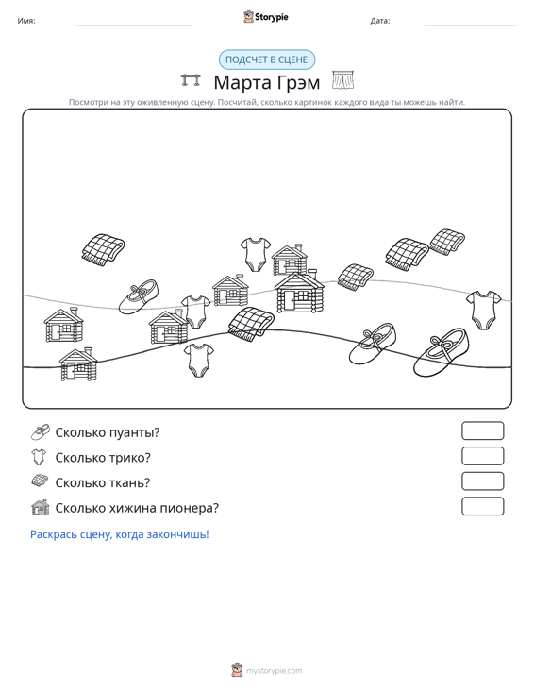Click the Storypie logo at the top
pos(266,17)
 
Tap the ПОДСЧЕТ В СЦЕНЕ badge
pos(267,59)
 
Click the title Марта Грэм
pos(267,82)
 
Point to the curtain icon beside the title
pos(342,80)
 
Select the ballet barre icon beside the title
pos(191,80)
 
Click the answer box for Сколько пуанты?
pos(482,430)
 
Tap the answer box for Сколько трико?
pos(482,456)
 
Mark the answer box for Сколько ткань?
pos(482,481)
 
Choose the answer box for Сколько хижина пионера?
pos(482,506)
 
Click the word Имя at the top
pos(26,21)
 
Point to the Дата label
pos(380,21)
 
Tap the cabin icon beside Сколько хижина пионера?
pos(41,508)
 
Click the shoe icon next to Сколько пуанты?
pos(41,432)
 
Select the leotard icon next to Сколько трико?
pos(40,457)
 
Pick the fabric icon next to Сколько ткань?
pos(41,481)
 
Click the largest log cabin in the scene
pos(299,292)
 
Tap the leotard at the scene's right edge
pos(483,310)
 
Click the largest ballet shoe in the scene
pos(441,352)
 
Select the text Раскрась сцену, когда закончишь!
pos(120,534)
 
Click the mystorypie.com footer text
pos(275,671)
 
